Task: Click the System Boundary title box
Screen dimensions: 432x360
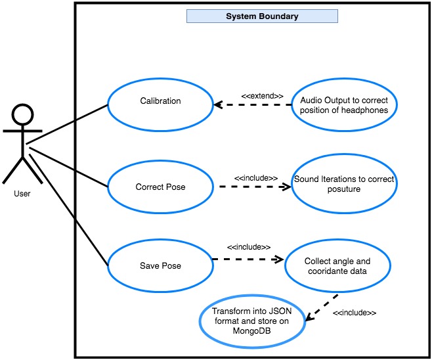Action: click(262, 16)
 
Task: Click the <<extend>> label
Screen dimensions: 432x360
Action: click(262, 96)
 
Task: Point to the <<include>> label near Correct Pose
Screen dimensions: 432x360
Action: click(256, 178)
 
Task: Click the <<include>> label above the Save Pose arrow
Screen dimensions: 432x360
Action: click(249, 247)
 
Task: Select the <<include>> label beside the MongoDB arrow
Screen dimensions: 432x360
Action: click(355, 313)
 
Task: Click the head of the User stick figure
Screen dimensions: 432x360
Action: click(22, 115)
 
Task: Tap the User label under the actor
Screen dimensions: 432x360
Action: click(22, 194)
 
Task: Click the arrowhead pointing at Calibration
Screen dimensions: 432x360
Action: click(218, 104)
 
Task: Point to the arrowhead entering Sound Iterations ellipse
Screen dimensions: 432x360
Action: click(286, 187)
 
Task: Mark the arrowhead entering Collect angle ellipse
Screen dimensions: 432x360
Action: click(278, 259)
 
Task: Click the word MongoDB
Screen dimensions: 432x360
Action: click(252, 331)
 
